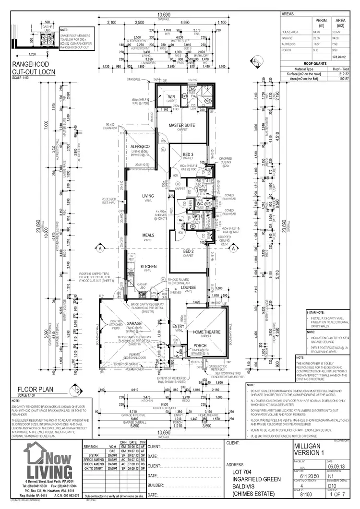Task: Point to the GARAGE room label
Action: tap(134, 323)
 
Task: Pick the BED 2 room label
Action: tap(189, 251)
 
